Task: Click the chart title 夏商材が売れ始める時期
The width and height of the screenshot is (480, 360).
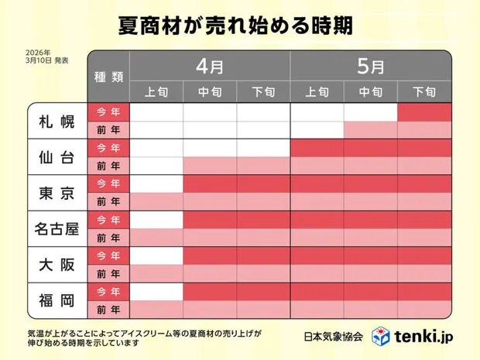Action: (239, 26)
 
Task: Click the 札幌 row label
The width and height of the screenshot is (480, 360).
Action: (57, 122)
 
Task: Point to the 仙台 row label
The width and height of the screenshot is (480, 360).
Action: (57, 157)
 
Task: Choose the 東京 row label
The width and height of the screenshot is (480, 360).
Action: (57, 193)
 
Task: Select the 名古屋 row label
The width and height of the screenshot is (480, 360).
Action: (57, 228)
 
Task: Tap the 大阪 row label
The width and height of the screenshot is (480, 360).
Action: (57, 264)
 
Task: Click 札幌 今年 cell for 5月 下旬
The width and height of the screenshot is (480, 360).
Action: (423, 112)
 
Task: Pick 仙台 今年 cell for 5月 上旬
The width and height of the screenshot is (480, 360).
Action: (317, 148)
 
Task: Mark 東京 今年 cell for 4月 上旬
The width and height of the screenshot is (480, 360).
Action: (156, 183)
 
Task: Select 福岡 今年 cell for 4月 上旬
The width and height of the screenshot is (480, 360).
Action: (156, 290)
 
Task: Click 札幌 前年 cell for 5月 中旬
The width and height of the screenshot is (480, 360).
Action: (370, 130)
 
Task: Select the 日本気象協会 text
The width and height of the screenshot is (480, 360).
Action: (334, 336)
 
